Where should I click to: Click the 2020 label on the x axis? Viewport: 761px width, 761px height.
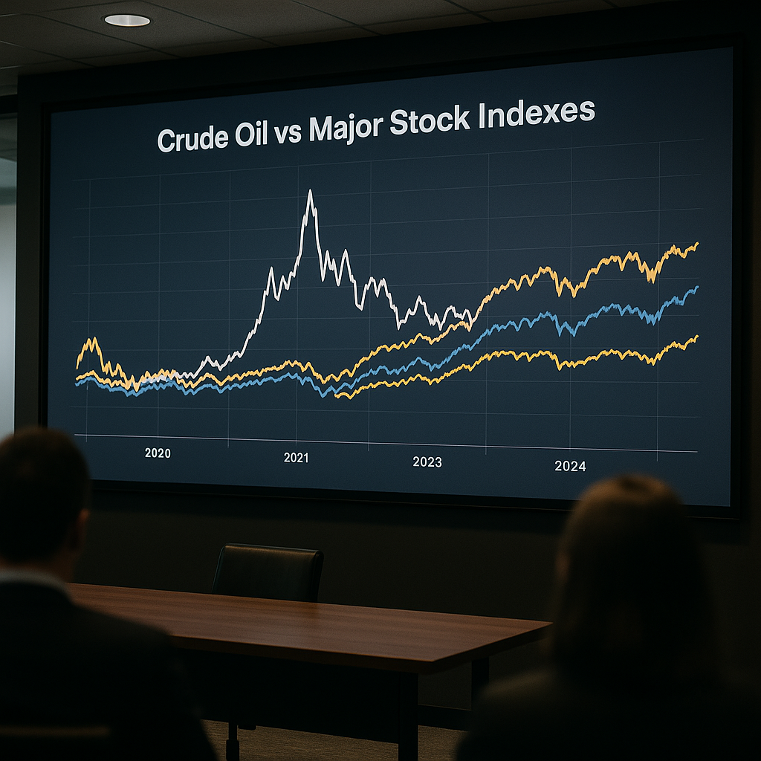click(158, 453)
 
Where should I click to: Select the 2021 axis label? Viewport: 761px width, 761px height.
click(296, 458)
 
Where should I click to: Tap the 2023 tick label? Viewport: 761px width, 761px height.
click(427, 462)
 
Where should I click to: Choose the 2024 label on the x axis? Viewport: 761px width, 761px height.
click(570, 467)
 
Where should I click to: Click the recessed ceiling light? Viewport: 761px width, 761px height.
click(126, 20)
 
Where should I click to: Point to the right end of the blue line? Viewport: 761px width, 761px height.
click(696, 288)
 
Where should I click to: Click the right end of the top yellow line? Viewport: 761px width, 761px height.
click(697, 244)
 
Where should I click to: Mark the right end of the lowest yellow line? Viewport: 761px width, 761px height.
click(697, 337)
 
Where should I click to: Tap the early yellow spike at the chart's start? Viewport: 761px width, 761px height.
click(91, 342)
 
